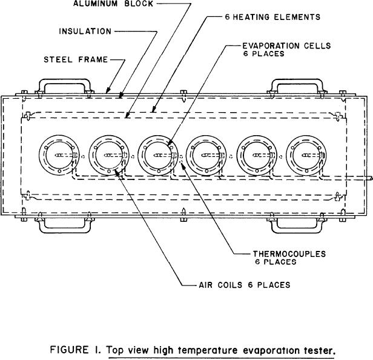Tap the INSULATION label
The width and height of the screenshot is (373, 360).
[85, 31]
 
